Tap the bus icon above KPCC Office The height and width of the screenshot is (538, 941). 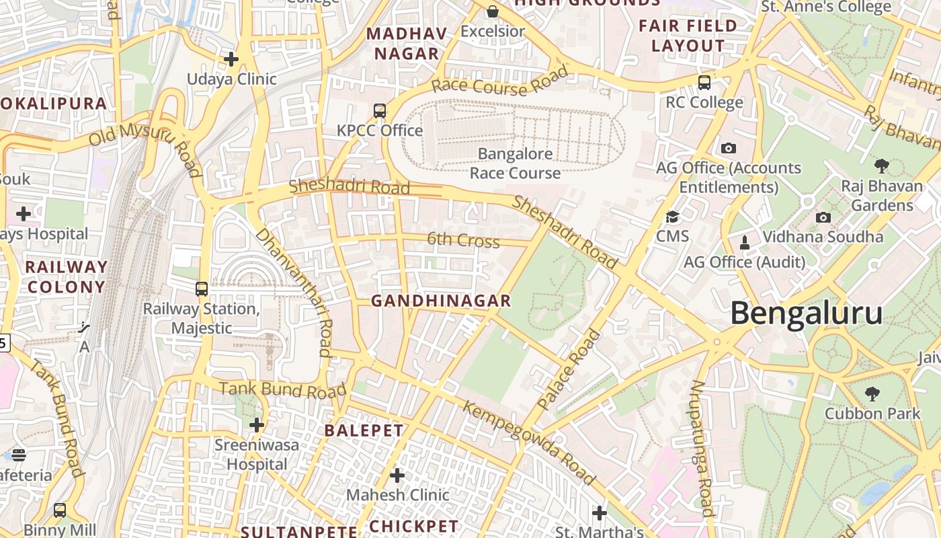380,111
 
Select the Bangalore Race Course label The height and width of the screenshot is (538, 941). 515,163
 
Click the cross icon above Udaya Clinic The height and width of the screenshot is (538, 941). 231,59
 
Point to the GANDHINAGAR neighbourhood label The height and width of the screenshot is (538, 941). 441,301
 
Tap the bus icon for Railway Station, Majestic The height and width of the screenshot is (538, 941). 201,289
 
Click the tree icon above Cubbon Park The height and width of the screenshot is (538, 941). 872,393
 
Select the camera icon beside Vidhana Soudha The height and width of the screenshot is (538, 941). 823,217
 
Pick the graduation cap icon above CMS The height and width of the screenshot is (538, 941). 672,217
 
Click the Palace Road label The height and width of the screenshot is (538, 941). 569,369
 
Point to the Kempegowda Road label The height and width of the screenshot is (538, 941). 528,443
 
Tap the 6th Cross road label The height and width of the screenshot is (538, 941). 464,240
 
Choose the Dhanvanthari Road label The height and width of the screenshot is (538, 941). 294,292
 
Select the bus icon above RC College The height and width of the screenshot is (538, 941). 704,83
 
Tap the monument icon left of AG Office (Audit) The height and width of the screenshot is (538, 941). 744,241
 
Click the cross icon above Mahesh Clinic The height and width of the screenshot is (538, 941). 397,475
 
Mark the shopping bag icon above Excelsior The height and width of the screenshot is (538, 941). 493,11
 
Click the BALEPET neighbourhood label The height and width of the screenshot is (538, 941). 364,431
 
